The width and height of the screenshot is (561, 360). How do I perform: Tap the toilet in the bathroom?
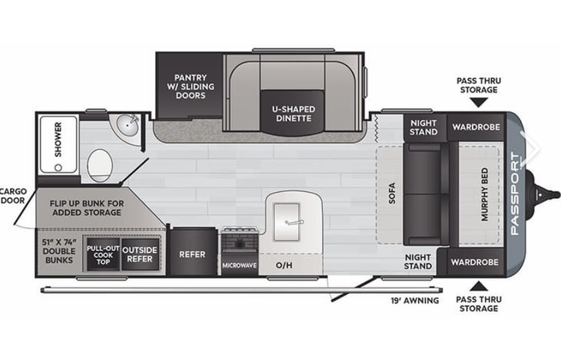click(100, 164)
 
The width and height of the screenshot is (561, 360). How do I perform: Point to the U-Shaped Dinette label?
click(293, 114)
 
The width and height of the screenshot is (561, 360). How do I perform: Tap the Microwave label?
click(239, 266)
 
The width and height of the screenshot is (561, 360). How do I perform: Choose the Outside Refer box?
click(140, 254)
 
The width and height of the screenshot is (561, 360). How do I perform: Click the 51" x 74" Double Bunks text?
click(59, 251)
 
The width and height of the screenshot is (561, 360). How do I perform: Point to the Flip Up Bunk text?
click(87, 210)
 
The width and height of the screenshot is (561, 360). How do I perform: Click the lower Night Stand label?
click(419, 262)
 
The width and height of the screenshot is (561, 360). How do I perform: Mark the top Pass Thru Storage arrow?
click(478, 101)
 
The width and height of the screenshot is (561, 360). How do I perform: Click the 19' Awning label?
click(414, 300)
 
